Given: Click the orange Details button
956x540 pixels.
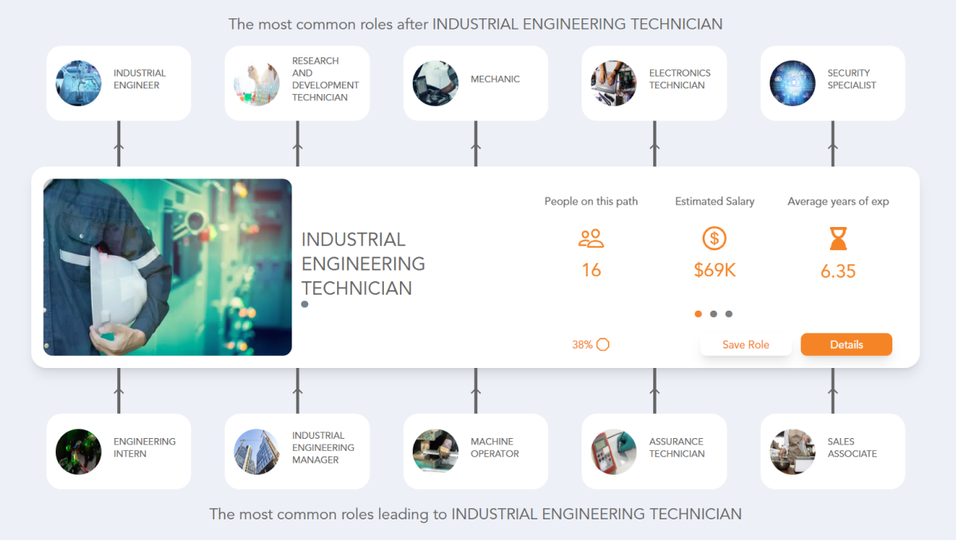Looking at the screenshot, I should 846,345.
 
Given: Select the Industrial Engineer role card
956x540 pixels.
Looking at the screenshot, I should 119,83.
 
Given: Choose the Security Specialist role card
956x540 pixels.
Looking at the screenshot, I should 833,83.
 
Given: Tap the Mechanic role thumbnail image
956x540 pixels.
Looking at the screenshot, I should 436,83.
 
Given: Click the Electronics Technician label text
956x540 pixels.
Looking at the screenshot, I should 680,79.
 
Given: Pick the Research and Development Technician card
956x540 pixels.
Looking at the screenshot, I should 297,83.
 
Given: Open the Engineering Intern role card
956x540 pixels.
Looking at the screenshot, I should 119,451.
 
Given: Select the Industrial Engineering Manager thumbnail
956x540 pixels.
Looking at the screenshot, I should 257,452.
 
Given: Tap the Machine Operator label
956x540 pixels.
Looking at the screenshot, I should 495,448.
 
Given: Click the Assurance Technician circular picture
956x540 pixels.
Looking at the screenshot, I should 613,452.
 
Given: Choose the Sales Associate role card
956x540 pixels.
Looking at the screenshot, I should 833,451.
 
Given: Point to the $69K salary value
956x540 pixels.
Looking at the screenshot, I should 715,270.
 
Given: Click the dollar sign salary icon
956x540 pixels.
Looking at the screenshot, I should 715,238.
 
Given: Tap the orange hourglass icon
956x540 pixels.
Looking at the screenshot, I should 838,238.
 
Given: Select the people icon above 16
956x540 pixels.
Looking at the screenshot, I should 591,238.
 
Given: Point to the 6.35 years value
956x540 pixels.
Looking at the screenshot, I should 838,272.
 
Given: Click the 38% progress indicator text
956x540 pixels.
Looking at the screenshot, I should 582,345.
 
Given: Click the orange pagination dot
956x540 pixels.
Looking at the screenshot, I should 699,314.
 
